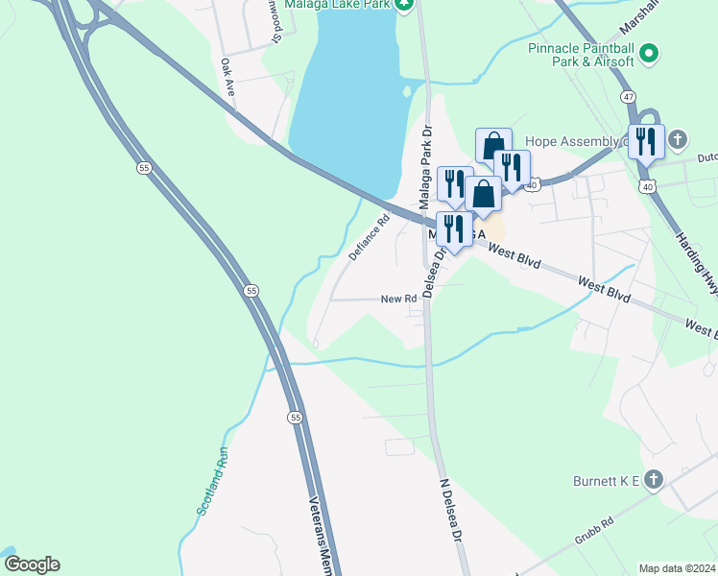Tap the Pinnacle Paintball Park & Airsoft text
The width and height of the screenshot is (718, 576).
pos(581,54)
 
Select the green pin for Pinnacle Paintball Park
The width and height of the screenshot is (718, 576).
pos(649,54)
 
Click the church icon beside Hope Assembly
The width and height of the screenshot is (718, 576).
pos(679,140)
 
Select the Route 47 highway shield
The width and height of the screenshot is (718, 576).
pos(628,97)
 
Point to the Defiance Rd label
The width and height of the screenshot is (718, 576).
pos(369,237)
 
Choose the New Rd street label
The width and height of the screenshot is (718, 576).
pos(398,299)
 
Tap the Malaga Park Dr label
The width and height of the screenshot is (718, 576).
pos(426,170)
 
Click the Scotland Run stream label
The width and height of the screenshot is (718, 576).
pos(213,484)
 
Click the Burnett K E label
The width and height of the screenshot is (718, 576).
pos(602,478)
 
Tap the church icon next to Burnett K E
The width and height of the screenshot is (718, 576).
pos(653,478)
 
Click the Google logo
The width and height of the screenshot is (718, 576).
pos(32,564)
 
